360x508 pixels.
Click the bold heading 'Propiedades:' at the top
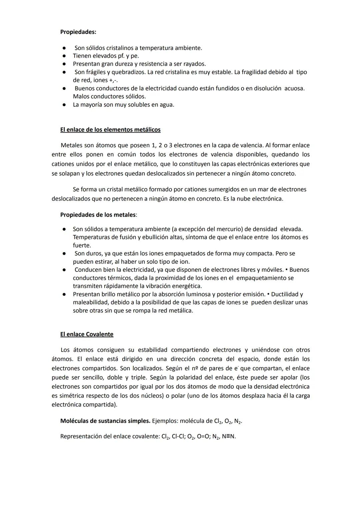tap(78, 32)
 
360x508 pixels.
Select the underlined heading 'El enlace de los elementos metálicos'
tap(110, 130)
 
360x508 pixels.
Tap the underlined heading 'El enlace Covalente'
tap(87, 334)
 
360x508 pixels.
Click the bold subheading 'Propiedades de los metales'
tap(98, 215)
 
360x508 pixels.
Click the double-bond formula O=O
tap(203, 436)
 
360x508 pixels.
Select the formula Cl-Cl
tap(178, 436)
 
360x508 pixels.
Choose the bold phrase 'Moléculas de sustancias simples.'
tap(105, 421)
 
